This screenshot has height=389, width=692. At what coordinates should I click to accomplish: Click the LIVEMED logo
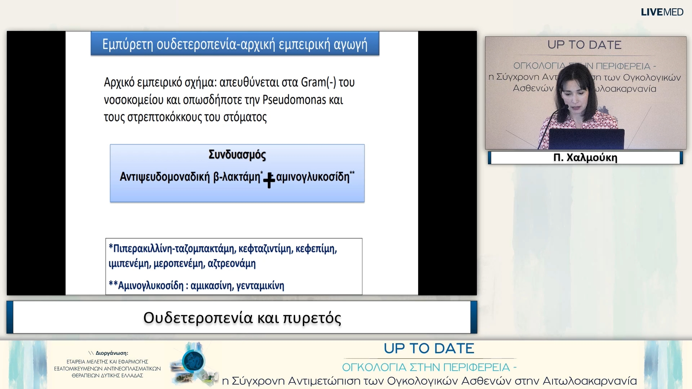coord(662,12)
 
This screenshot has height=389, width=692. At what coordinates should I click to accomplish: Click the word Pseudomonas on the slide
coord(294,100)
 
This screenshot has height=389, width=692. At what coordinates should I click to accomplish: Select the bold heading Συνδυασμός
coord(237,155)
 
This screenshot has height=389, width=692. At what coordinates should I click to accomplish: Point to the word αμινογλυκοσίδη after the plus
coord(312,177)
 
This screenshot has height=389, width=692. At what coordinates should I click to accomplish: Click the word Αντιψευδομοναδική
coord(164,177)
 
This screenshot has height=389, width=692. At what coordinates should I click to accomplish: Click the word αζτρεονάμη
coord(231,264)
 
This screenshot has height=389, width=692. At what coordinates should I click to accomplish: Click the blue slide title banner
coord(235,44)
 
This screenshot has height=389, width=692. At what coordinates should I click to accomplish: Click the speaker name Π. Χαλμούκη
coord(585,158)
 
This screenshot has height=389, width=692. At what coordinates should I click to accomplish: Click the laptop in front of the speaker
coord(586,139)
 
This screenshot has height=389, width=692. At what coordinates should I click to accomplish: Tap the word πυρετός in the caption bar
coord(312,318)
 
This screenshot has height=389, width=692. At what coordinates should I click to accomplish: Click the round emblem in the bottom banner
coord(193,361)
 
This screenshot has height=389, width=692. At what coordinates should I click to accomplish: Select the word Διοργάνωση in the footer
coord(111,353)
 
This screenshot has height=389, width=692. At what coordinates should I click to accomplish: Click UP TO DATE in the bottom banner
coord(429,348)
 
